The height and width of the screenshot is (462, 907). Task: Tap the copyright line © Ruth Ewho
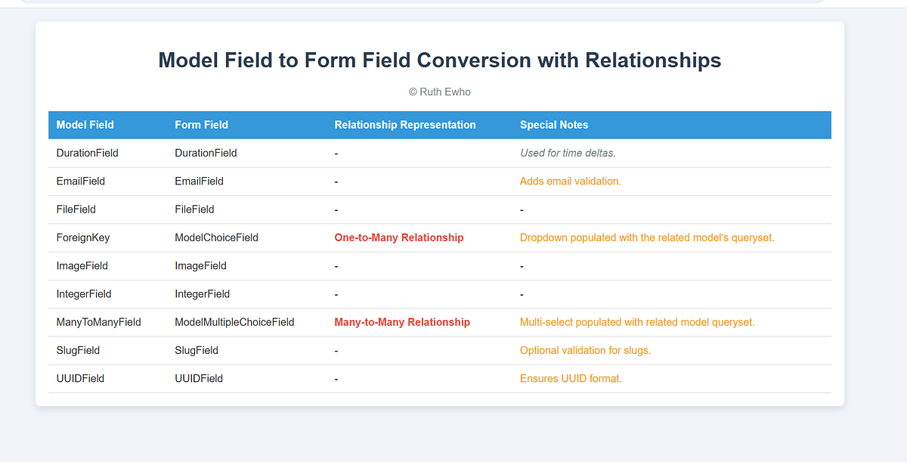pos(439,92)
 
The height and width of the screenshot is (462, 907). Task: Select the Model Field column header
pos(85,125)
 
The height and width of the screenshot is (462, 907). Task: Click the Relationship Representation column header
pos(405,125)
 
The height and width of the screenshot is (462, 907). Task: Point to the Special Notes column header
pos(554,125)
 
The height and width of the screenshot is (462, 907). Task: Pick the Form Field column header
pos(201,125)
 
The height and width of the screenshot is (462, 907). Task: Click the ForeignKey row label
pos(83,237)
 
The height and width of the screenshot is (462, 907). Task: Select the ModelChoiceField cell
pos(216,237)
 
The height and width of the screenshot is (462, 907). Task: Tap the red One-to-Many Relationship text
pos(399,237)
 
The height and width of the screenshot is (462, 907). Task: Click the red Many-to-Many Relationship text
pos(402,322)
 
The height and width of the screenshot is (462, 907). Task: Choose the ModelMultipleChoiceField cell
pos(234,322)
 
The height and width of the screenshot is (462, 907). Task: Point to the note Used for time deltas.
pos(568,153)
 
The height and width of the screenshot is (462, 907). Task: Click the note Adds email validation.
pos(571,181)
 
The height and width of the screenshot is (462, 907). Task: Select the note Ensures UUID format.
pos(571,378)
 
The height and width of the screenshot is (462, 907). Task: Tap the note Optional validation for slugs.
pos(585,350)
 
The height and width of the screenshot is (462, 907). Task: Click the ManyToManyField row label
pos(98,322)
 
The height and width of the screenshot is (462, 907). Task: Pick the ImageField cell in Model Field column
pos(82,266)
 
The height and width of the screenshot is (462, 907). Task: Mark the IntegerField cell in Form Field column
pos(202,294)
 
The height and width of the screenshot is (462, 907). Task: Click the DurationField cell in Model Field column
pos(87,153)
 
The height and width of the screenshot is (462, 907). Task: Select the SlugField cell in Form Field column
pos(197,350)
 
